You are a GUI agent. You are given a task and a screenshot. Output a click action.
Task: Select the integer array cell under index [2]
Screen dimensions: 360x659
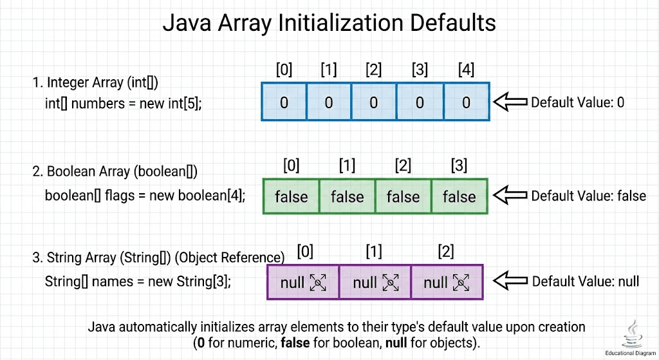point(374,102)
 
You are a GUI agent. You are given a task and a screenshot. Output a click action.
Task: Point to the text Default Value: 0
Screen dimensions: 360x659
point(577,102)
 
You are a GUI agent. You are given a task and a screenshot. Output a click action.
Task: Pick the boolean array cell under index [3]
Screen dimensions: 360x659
point(459,196)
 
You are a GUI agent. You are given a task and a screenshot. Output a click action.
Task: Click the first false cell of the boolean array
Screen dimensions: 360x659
point(292,196)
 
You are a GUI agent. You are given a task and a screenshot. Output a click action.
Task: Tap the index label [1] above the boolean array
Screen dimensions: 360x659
point(347,166)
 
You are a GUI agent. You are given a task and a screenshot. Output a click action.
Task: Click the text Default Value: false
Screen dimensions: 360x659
point(588,196)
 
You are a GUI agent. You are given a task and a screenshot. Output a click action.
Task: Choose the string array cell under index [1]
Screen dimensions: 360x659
point(375,282)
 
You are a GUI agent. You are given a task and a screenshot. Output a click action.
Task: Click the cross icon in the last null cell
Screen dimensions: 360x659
point(461,282)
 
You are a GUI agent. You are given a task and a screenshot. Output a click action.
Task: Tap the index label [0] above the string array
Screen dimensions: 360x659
point(305,251)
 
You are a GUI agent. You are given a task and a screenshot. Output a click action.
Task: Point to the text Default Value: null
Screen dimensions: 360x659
point(585,281)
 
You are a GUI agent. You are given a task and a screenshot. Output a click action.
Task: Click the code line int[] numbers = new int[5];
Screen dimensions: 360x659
point(124,102)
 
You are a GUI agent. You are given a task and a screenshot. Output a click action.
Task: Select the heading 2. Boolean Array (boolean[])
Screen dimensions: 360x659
point(115,171)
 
